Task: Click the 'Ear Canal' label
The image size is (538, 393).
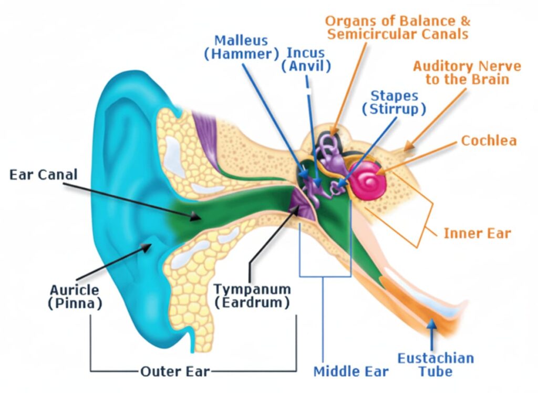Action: [43, 174]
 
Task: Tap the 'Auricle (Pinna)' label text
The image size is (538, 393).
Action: [75, 296]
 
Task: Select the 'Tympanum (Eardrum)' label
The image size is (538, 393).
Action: [252, 296]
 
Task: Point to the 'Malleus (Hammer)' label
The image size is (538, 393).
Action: [241, 47]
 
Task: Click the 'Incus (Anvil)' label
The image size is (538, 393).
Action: [306, 59]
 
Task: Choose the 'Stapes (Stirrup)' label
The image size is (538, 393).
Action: [395, 103]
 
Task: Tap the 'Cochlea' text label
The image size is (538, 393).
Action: [489, 140]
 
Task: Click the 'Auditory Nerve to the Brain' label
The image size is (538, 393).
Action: [467, 73]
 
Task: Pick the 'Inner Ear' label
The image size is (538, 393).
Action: [477, 233]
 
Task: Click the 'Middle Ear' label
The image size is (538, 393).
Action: [351, 371]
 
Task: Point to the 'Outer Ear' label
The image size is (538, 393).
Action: [175, 371]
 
